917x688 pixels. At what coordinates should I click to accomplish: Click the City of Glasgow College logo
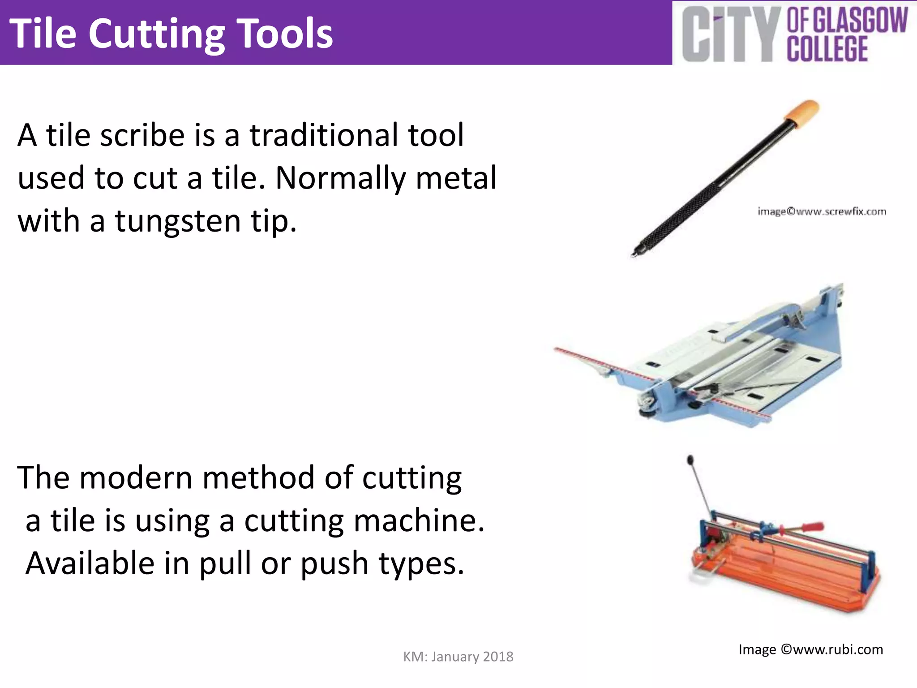point(794,34)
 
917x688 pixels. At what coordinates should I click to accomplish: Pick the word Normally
point(340,178)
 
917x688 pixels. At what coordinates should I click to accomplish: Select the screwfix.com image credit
point(822,211)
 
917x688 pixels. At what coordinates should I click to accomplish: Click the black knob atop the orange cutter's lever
point(690,460)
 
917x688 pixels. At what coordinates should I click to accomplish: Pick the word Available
point(90,563)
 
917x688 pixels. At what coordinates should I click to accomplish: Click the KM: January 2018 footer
point(458,657)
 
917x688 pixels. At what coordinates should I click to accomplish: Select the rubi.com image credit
point(810,649)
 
